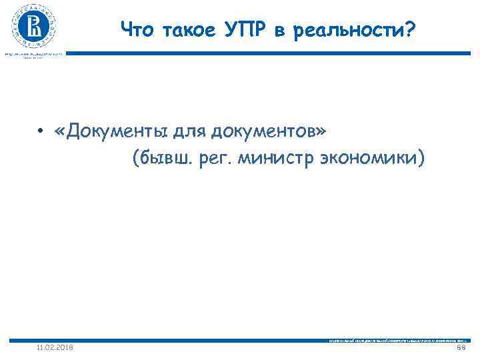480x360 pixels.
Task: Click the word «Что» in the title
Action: point(135,29)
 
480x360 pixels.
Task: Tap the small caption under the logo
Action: point(33,55)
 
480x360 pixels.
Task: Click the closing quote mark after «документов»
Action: point(322,131)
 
